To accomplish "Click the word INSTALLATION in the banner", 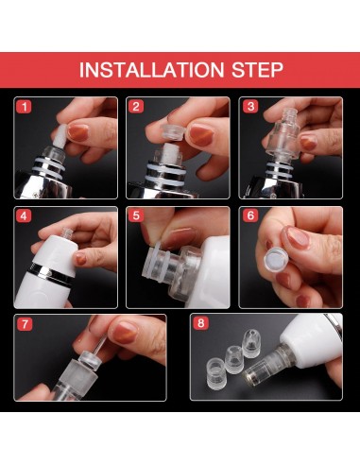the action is click(x=151, y=70).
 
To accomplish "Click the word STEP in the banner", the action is click(x=257, y=70).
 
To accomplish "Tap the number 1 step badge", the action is click(x=24, y=107).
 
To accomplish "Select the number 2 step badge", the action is click(x=136, y=107).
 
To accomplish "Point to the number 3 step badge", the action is click(x=250, y=107).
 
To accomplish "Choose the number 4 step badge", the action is click(x=24, y=215).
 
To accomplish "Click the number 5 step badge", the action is click(x=136, y=215).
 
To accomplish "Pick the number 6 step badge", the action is click(x=250, y=215).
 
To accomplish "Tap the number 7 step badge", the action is click(x=24, y=324).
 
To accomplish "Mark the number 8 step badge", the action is click(x=200, y=323).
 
